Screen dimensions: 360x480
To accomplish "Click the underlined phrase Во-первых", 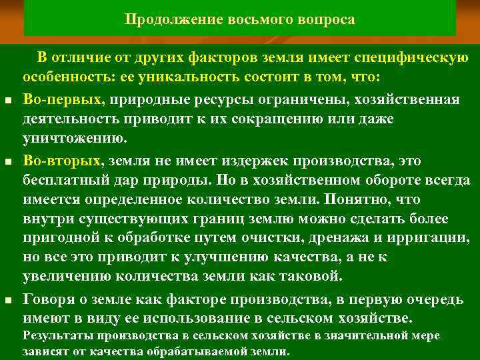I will (x=64, y=99).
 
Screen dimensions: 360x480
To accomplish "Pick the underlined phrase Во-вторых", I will (x=63, y=161).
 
